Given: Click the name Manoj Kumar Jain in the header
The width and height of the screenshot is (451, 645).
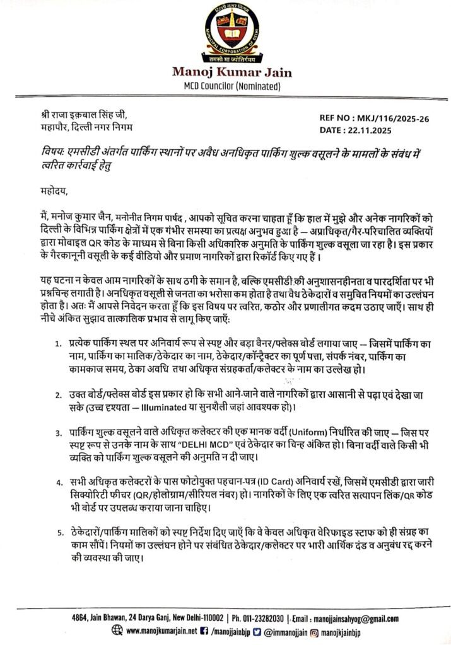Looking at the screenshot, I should coord(225,72).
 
